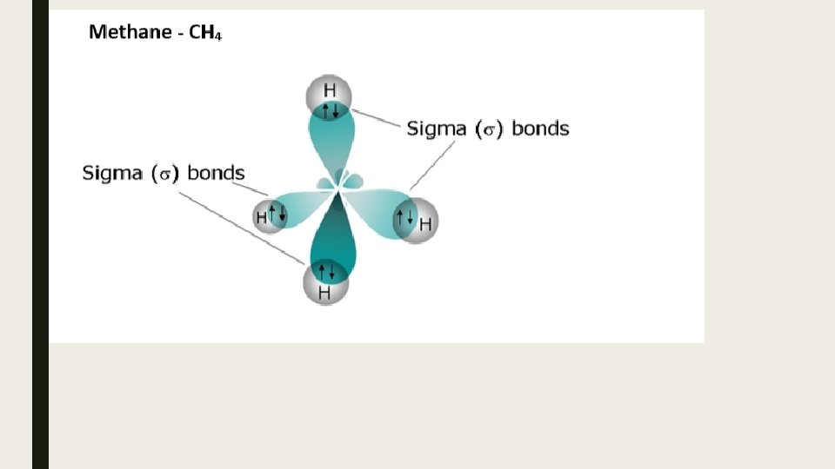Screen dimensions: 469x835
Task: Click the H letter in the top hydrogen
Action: (x=330, y=89)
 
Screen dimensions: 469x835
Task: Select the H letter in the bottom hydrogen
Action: (x=324, y=293)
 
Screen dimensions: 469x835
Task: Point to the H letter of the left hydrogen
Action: (x=261, y=217)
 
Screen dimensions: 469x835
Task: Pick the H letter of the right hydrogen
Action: (x=425, y=224)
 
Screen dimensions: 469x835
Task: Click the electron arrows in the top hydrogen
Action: (x=330, y=110)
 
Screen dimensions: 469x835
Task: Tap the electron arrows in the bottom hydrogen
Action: (x=325, y=271)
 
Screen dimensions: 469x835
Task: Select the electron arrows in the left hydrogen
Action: (x=277, y=213)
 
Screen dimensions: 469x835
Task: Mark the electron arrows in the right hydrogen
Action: (x=404, y=217)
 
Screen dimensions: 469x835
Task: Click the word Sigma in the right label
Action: (x=436, y=129)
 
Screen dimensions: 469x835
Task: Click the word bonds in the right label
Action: (x=540, y=129)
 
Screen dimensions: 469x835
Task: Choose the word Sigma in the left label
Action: (x=111, y=173)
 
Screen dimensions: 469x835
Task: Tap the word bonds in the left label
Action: (x=216, y=173)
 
